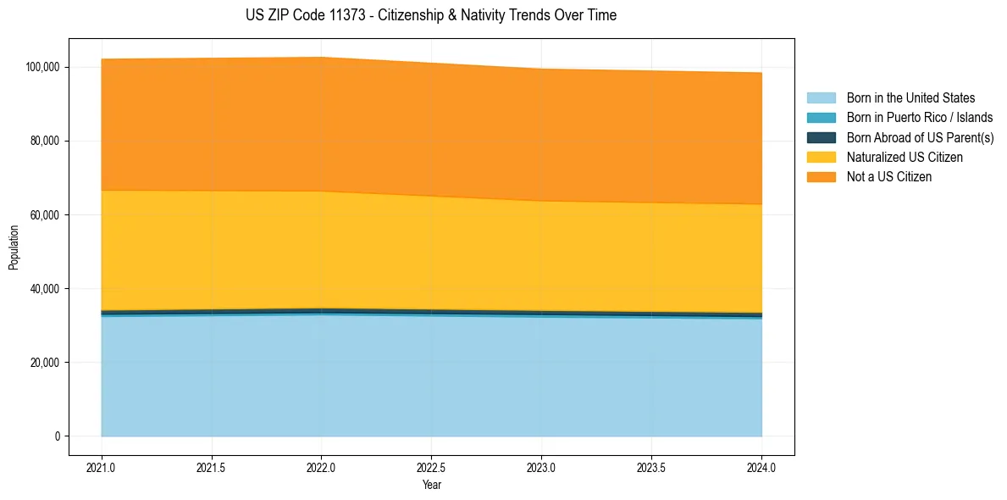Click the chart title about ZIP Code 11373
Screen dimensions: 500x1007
pyautogui.click(x=431, y=15)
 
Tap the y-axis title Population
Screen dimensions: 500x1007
pyautogui.click(x=14, y=247)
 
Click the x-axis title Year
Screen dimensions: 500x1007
pyautogui.click(x=431, y=485)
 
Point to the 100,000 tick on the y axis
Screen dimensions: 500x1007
pyautogui.click(x=42, y=67)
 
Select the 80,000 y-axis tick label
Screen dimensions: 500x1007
pyautogui.click(x=44, y=141)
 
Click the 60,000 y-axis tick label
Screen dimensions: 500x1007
pyautogui.click(x=44, y=215)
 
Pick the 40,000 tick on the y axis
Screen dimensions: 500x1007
pyautogui.click(x=44, y=289)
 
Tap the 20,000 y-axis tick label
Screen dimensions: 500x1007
pyautogui.click(x=44, y=363)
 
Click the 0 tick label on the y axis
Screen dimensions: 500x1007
pyautogui.click(x=58, y=436)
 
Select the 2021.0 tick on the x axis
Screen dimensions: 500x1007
pyautogui.click(x=102, y=466)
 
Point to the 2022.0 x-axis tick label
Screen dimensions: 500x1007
pyautogui.click(x=322, y=466)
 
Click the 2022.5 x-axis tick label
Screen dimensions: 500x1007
pyautogui.click(x=431, y=466)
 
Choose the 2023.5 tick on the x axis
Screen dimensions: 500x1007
pyautogui.click(x=651, y=466)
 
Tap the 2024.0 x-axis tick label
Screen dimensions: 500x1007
pyautogui.click(x=761, y=466)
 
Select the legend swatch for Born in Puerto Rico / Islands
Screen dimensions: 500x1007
pyautogui.click(x=821, y=118)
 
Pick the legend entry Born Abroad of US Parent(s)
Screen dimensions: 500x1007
pyautogui.click(x=920, y=137)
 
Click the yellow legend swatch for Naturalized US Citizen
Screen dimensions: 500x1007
pyautogui.click(x=821, y=157)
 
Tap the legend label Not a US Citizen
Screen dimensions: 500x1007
pyautogui.click(x=888, y=177)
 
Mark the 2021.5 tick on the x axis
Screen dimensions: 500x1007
pyautogui.click(x=212, y=466)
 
